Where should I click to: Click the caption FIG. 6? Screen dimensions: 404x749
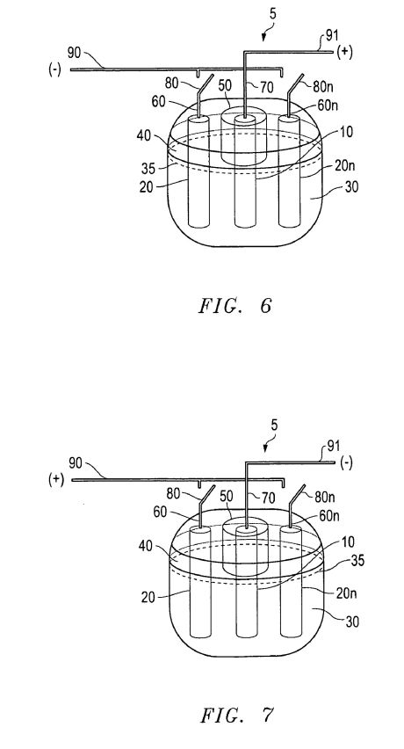tap(234, 306)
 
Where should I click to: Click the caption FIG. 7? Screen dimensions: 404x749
tap(236, 715)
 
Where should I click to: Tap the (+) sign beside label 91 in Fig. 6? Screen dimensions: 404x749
tap(344, 52)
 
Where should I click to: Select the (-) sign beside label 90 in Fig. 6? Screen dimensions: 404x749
tap(54, 70)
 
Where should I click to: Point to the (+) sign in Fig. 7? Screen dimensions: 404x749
tap(56, 480)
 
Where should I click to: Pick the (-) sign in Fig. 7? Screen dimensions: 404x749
tap(346, 463)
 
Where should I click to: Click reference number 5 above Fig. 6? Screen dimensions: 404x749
tap(272, 14)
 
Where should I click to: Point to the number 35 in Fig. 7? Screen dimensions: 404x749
tap(357, 560)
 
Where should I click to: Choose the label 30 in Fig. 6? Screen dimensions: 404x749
tap(350, 186)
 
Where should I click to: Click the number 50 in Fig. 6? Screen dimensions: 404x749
tap(225, 86)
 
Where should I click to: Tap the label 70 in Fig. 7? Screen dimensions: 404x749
tap(268, 498)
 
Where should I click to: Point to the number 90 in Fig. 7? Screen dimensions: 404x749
tap(76, 462)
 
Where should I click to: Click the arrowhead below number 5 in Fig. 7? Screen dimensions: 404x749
tap(266, 448)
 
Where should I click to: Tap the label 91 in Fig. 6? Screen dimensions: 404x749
tap(332, 35)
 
